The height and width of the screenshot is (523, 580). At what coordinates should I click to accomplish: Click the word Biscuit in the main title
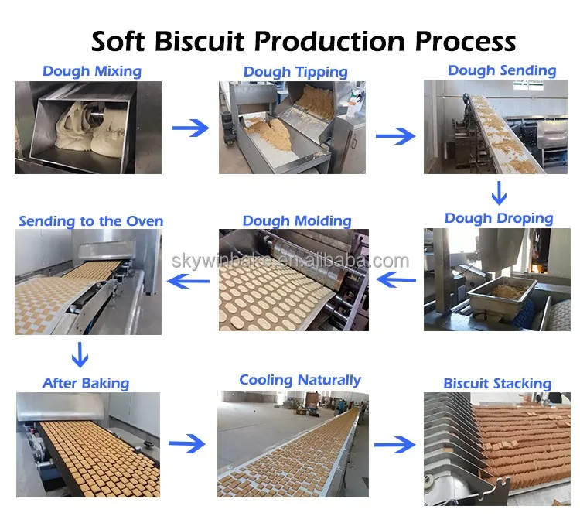[x=200, y=41]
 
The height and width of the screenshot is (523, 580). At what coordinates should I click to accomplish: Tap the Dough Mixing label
[x=92, y=71]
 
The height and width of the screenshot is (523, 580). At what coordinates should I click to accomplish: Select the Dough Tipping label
[x=295, y=72]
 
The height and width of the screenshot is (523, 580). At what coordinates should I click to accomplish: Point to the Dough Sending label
[x=502, y=70]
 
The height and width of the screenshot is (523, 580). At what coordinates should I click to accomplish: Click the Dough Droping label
[x=499, y=218]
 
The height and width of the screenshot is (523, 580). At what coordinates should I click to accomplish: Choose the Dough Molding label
[x=297, y=221]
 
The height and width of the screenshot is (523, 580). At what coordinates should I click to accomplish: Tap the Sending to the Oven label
[x=91, y=221]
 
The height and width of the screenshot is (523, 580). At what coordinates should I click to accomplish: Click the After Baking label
[x=86, y=383]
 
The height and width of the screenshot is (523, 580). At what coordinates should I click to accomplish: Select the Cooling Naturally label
[x=300, y=380]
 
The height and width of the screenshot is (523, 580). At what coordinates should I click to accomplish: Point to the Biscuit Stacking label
[x=497, y=384]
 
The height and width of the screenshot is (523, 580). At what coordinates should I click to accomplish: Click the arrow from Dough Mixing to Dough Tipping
[x=190, y=128]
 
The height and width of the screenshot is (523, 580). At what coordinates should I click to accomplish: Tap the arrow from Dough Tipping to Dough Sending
[x=395, y=136]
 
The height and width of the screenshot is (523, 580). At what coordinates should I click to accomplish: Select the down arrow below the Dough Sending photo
[x=499, y=193]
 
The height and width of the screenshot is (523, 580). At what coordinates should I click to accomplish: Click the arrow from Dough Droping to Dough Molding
[x=396, y=279]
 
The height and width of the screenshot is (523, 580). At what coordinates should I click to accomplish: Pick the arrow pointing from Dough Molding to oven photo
[x=188, y=281]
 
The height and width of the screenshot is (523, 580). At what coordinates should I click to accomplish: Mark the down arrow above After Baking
[x=80, y=354]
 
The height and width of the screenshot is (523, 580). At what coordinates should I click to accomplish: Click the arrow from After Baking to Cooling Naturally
[x=186, y=443]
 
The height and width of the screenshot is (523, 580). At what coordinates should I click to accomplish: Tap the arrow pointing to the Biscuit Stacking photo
[x=394, y=444]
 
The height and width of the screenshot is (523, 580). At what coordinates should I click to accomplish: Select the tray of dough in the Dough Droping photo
[x=503, y=294]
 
